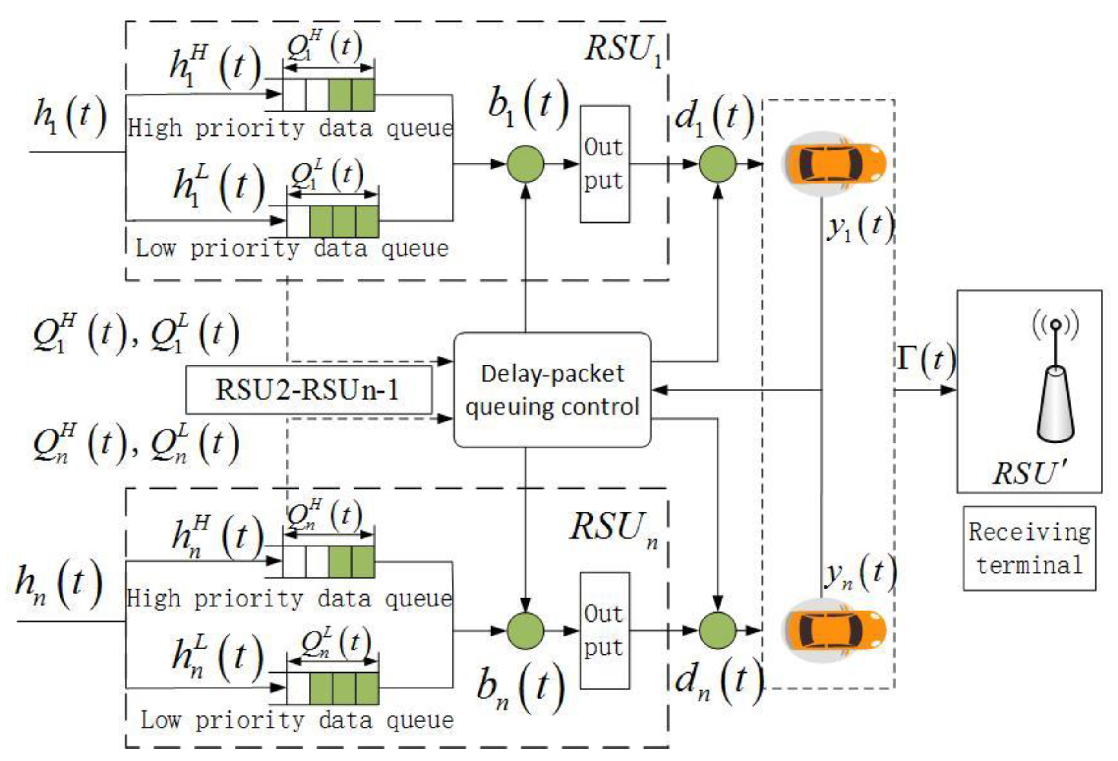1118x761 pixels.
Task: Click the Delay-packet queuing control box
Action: coord(552,390)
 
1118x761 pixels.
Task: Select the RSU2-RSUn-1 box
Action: coord(308,389)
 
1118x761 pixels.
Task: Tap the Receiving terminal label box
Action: coord(1029,548)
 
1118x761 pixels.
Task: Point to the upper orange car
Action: coord(835,163)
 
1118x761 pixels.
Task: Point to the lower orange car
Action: coord(835,630)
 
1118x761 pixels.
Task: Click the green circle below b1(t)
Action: coord(525,164)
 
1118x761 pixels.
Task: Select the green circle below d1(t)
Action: coord(717,164)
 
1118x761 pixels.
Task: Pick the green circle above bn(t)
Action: coord(525,630)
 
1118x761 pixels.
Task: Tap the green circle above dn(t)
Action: coord(717,630)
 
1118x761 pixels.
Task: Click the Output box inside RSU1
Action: coord(605,164)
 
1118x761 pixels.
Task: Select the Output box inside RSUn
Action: coord(605,631)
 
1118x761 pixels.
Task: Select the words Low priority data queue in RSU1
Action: coord(292,249)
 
